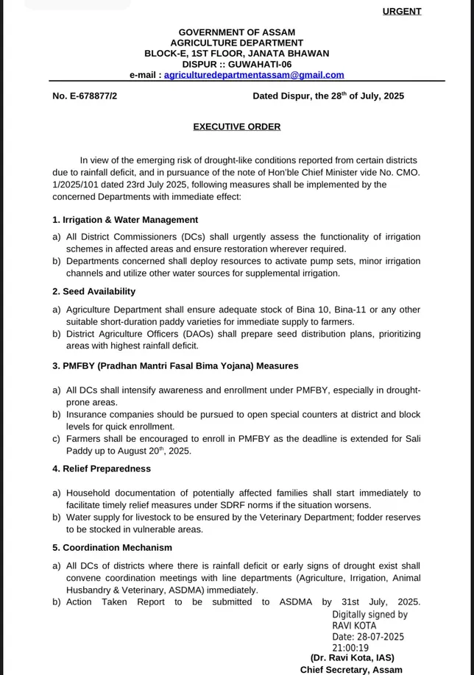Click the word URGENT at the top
[402, 11]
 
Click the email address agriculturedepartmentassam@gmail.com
[254, 75]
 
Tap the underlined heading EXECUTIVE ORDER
[237, 126]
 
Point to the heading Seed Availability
[99, 292]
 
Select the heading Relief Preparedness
[107, 468]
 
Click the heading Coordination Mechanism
[117, 548]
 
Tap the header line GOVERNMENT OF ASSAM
[237, 32]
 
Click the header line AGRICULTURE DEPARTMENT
[237, 43]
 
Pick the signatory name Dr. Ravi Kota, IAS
[352, 657]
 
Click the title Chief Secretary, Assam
[351, 670]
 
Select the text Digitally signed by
[369, 615]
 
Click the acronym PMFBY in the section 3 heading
[77, 365]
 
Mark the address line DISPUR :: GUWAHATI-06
[237, 64]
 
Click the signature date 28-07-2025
[381, 637]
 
